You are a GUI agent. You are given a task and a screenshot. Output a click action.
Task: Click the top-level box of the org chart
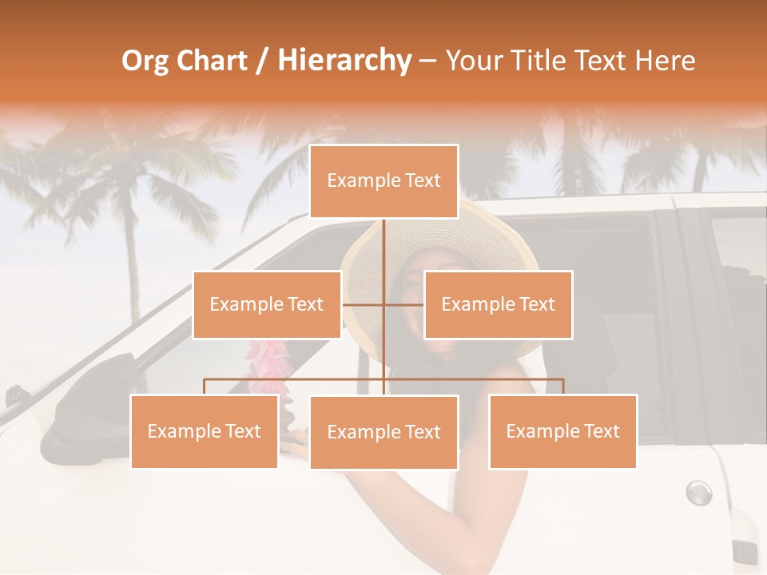point(383,181)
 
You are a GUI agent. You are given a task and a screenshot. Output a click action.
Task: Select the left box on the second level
point(267,304)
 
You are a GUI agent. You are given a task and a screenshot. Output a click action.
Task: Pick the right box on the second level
point(498,304)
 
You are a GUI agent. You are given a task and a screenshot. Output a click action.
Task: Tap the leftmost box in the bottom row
point(205,431)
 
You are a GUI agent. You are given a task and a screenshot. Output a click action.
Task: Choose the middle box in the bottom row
point(383,432)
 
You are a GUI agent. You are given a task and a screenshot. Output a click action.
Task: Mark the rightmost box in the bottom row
point(562,431)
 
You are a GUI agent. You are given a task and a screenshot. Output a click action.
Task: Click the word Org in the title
point(145,61)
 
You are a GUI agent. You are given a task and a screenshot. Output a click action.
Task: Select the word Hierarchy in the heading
point(344,61)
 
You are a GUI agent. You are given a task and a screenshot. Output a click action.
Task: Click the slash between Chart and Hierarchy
point(263,61)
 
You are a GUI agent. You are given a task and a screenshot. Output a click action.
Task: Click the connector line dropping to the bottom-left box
point(205,387)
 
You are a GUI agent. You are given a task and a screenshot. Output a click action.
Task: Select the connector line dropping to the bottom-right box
point(562,387)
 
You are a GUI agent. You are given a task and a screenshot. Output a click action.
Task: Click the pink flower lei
point(268,367)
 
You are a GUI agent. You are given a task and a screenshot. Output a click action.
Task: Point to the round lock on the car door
point(698,492)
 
